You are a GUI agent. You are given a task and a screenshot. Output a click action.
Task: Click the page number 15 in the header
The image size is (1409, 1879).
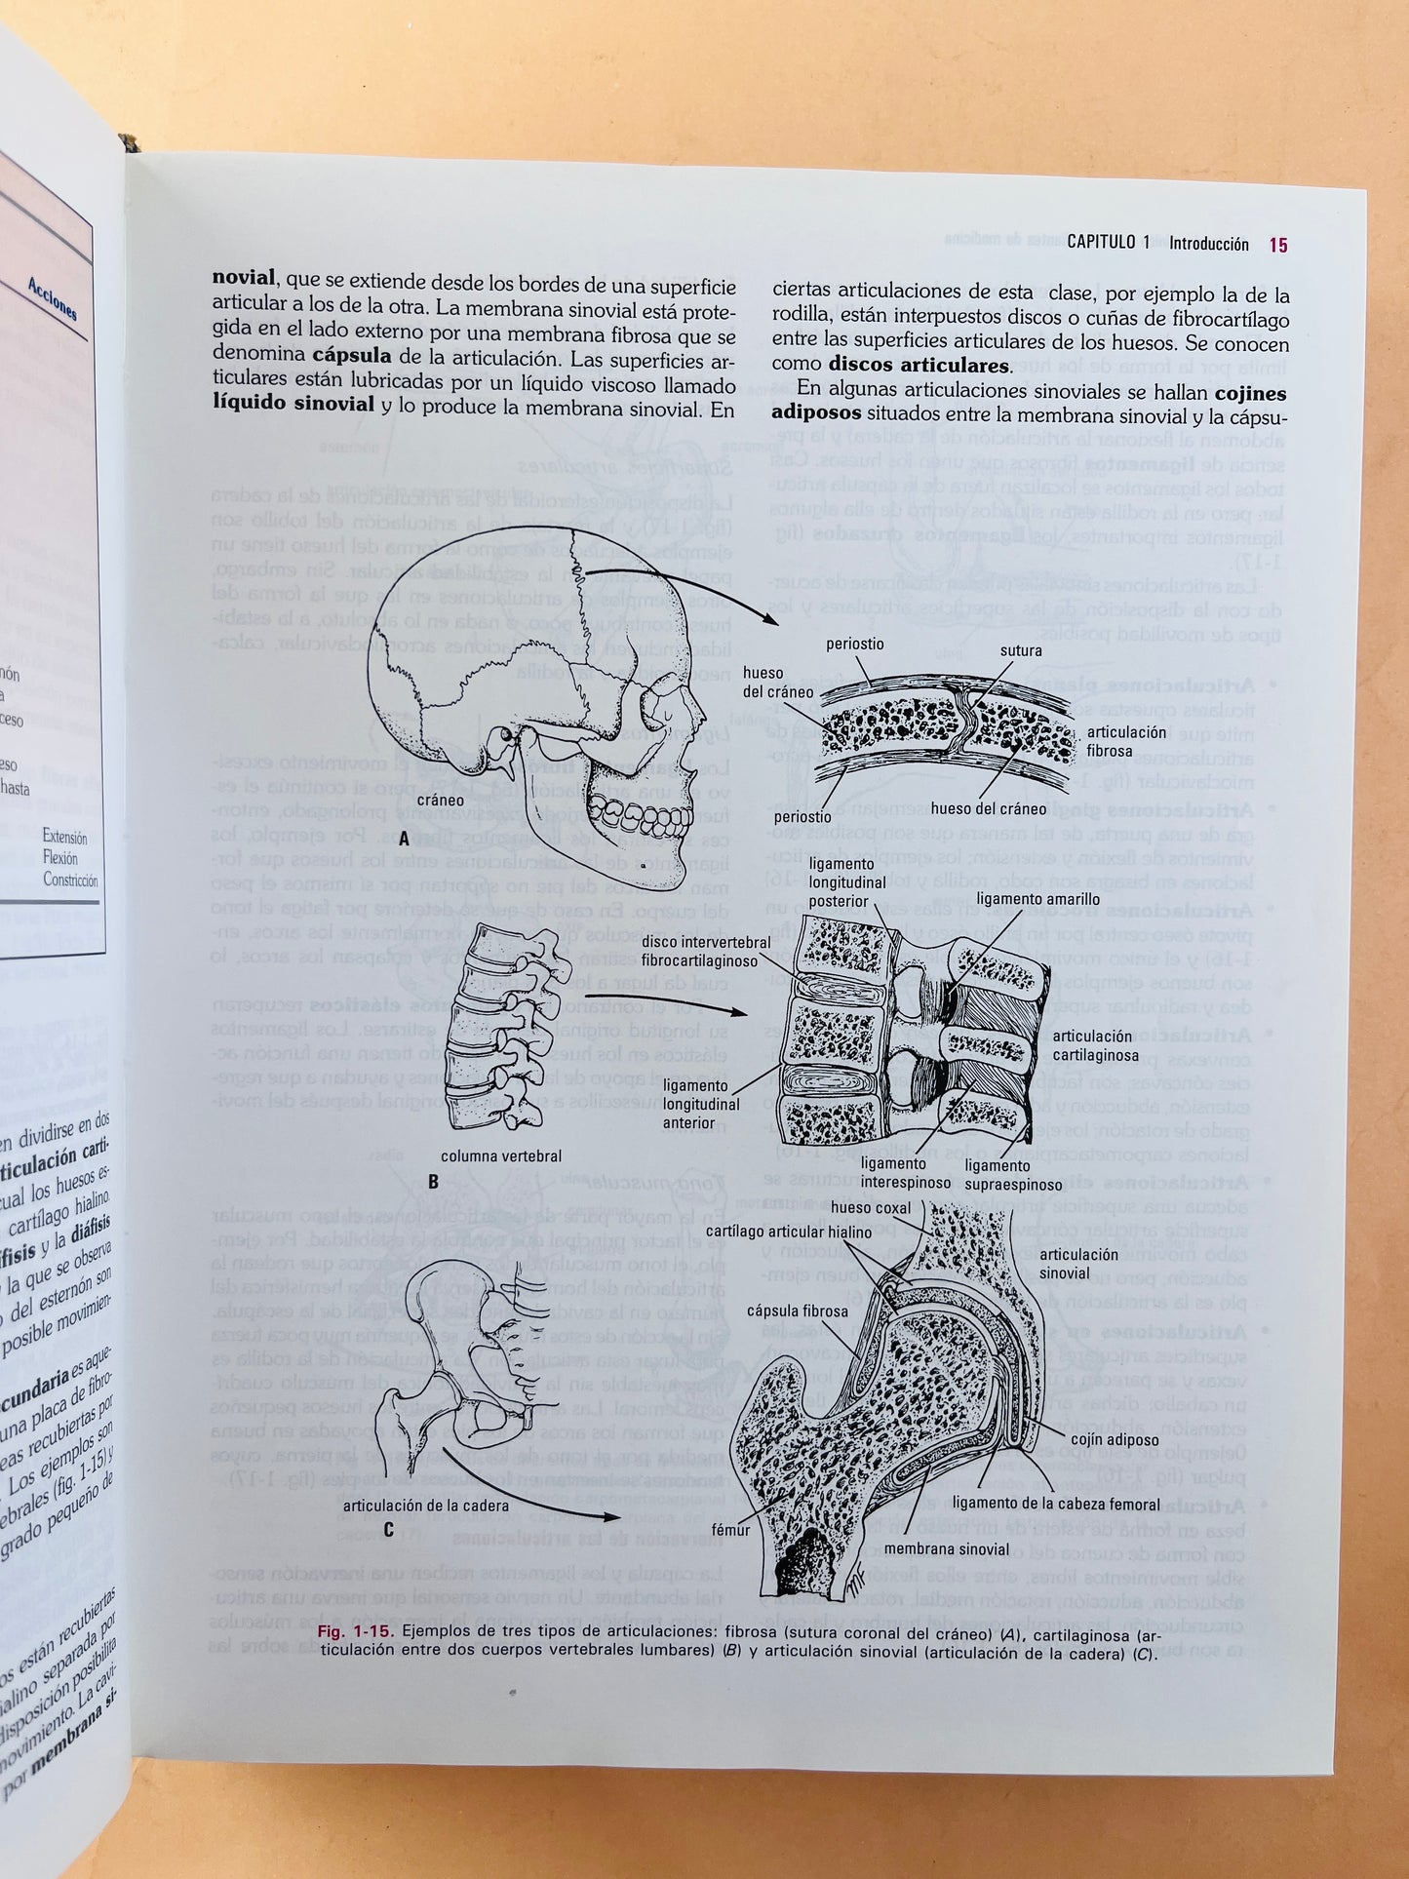tap(1277, 245)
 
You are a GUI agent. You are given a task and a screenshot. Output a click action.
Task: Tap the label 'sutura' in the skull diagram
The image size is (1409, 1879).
tap(1021, 650)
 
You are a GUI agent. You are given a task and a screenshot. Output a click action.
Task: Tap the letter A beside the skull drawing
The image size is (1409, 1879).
tap(404, 838)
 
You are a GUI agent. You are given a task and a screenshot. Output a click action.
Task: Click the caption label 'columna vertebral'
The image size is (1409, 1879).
tap(501, 1155)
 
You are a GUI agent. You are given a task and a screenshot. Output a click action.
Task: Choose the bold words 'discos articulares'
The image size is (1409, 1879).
tap(918, 367)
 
